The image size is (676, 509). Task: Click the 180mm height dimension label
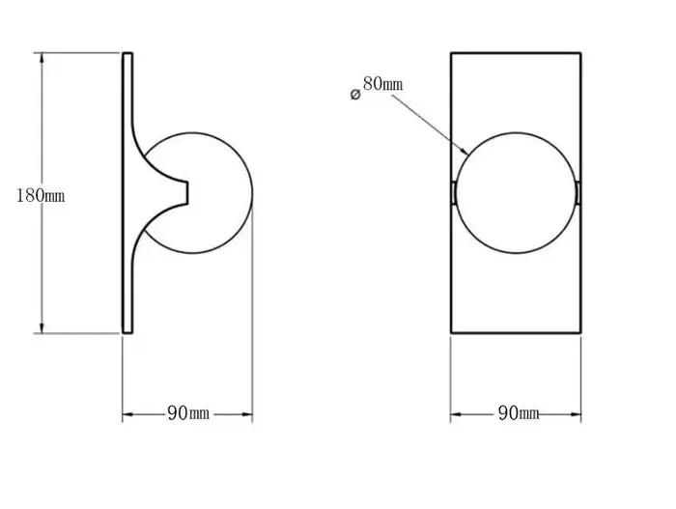pyautogui.click(x=41, y=195)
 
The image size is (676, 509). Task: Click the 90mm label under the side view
pyautogui.click(x=188, y=413)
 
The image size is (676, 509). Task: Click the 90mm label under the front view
pyautogui.click(x=519, y=413)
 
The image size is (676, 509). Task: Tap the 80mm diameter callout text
pyautogui.click(x=382, y=83)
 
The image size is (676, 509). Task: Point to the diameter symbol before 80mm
pyautogui.click(x=355, y=95)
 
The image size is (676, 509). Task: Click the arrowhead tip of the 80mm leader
pyautogui.click(x=468, y=155)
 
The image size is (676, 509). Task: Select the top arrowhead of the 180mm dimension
pyautogui.click(x=42, y=53)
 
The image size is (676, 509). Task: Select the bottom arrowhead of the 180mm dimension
pyautogui.click(x=42, y=333)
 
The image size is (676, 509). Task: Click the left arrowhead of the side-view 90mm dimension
pyautogui.click(x=123, y=414)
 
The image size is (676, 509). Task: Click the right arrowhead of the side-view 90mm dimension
pyautogui.click(x=252, y=414)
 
